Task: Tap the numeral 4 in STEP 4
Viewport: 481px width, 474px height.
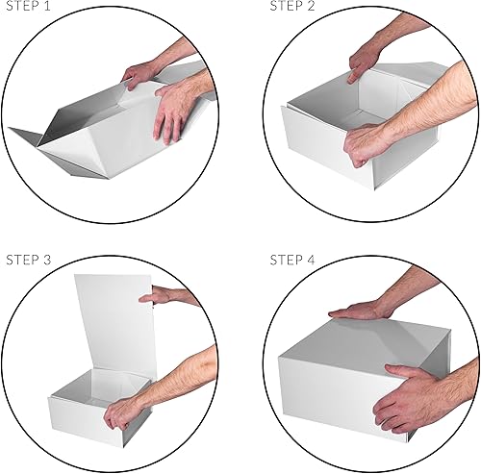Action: click(314, 260)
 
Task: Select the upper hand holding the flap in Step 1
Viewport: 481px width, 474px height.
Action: click(144, 72)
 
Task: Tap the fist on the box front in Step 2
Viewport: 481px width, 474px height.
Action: click(370, 144)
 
